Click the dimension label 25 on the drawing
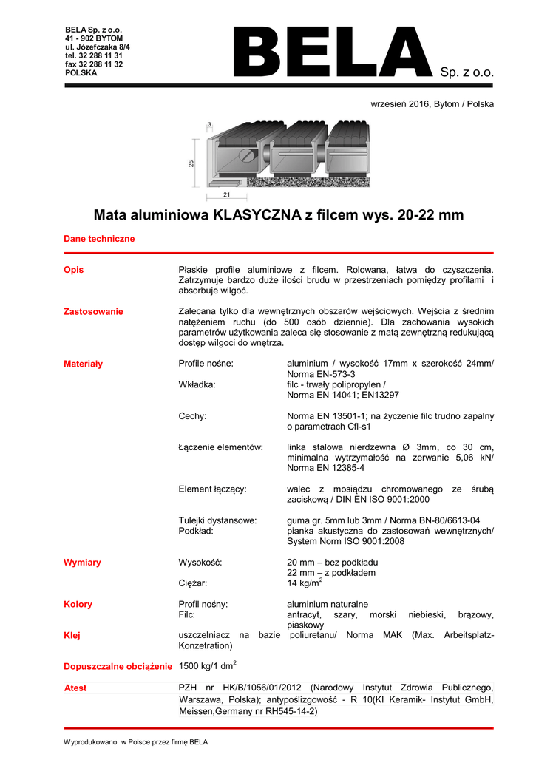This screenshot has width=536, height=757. (x=191, y=163)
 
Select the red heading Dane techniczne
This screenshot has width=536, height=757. (x=99, y=239)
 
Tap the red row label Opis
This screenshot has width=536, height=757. (x=74, y=270)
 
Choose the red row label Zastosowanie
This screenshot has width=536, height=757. (x=93, y=311)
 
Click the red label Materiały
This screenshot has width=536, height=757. (x=84, y=364)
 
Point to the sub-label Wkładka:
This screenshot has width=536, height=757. (x=199, y=384)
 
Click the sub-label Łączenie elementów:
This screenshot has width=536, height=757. (x=221, y=447)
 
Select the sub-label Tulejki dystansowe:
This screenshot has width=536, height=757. (x=217, y=520)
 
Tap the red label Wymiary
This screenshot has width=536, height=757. (x=82, y=563)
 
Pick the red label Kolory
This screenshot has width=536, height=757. (x=78, y=604)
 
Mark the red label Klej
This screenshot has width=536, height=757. (x=72, y=635)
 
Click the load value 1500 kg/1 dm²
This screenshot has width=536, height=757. (x=208, y=665)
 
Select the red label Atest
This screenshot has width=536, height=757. (x=75, y=688)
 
